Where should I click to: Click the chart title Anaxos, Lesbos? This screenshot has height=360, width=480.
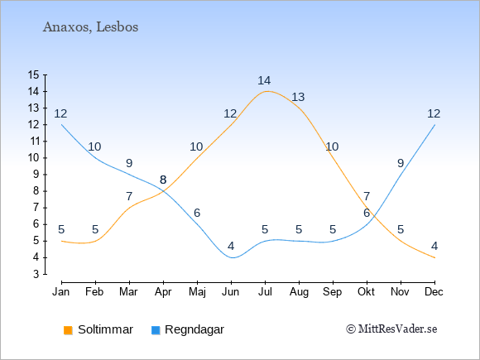point(90,27)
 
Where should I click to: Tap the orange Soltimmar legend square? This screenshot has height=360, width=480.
point(68,330)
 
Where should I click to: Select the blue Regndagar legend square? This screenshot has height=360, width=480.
point(156,330)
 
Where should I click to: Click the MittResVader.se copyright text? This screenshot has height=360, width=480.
point(391,329)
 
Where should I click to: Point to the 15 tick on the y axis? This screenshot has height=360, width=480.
point(33,74)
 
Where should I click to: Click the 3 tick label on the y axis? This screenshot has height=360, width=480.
point(36,274)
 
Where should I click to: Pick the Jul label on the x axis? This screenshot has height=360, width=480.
point(265,292)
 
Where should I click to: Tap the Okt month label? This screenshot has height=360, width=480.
point(366,292)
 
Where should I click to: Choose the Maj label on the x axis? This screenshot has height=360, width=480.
point(197,292)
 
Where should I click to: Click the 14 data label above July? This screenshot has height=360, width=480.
point(264,80)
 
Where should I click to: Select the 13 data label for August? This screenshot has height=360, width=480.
point(298,97)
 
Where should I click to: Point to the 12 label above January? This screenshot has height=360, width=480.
point(60,113)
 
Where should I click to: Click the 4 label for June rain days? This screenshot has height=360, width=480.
point(231,246)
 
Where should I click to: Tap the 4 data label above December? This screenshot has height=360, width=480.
point(434,246)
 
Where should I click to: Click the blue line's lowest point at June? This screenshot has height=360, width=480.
point(232,257)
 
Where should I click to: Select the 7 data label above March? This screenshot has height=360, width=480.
point(129,196)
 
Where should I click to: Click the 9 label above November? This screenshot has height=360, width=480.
point(401,163)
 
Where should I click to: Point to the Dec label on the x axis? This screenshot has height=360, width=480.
point(434,292)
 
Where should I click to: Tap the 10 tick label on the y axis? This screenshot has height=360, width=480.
point(33,157)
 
